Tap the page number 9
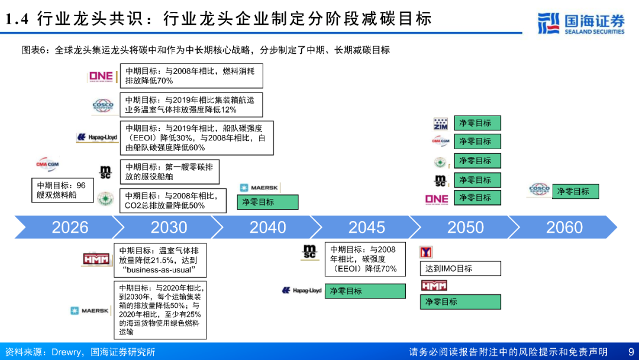630,352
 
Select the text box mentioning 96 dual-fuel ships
61,189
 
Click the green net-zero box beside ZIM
477,123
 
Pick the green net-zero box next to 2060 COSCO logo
575,191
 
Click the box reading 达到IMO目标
460,268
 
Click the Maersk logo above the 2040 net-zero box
259,188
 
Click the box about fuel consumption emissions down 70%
191,76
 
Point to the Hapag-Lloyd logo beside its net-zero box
302,291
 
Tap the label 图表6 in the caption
34,50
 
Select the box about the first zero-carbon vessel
169,172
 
